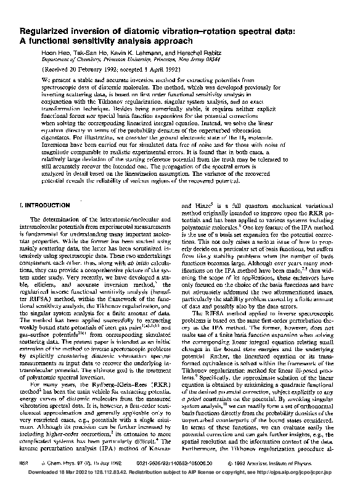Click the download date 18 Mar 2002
[68, 472]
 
